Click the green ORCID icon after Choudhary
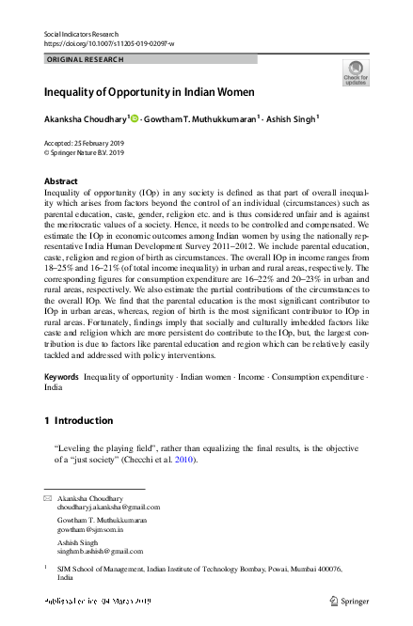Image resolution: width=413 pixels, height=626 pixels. tap(136, 118)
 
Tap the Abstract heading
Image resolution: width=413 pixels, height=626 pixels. tap(61, 180)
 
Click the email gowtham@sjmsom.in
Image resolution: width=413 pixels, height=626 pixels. tap(90, 529)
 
